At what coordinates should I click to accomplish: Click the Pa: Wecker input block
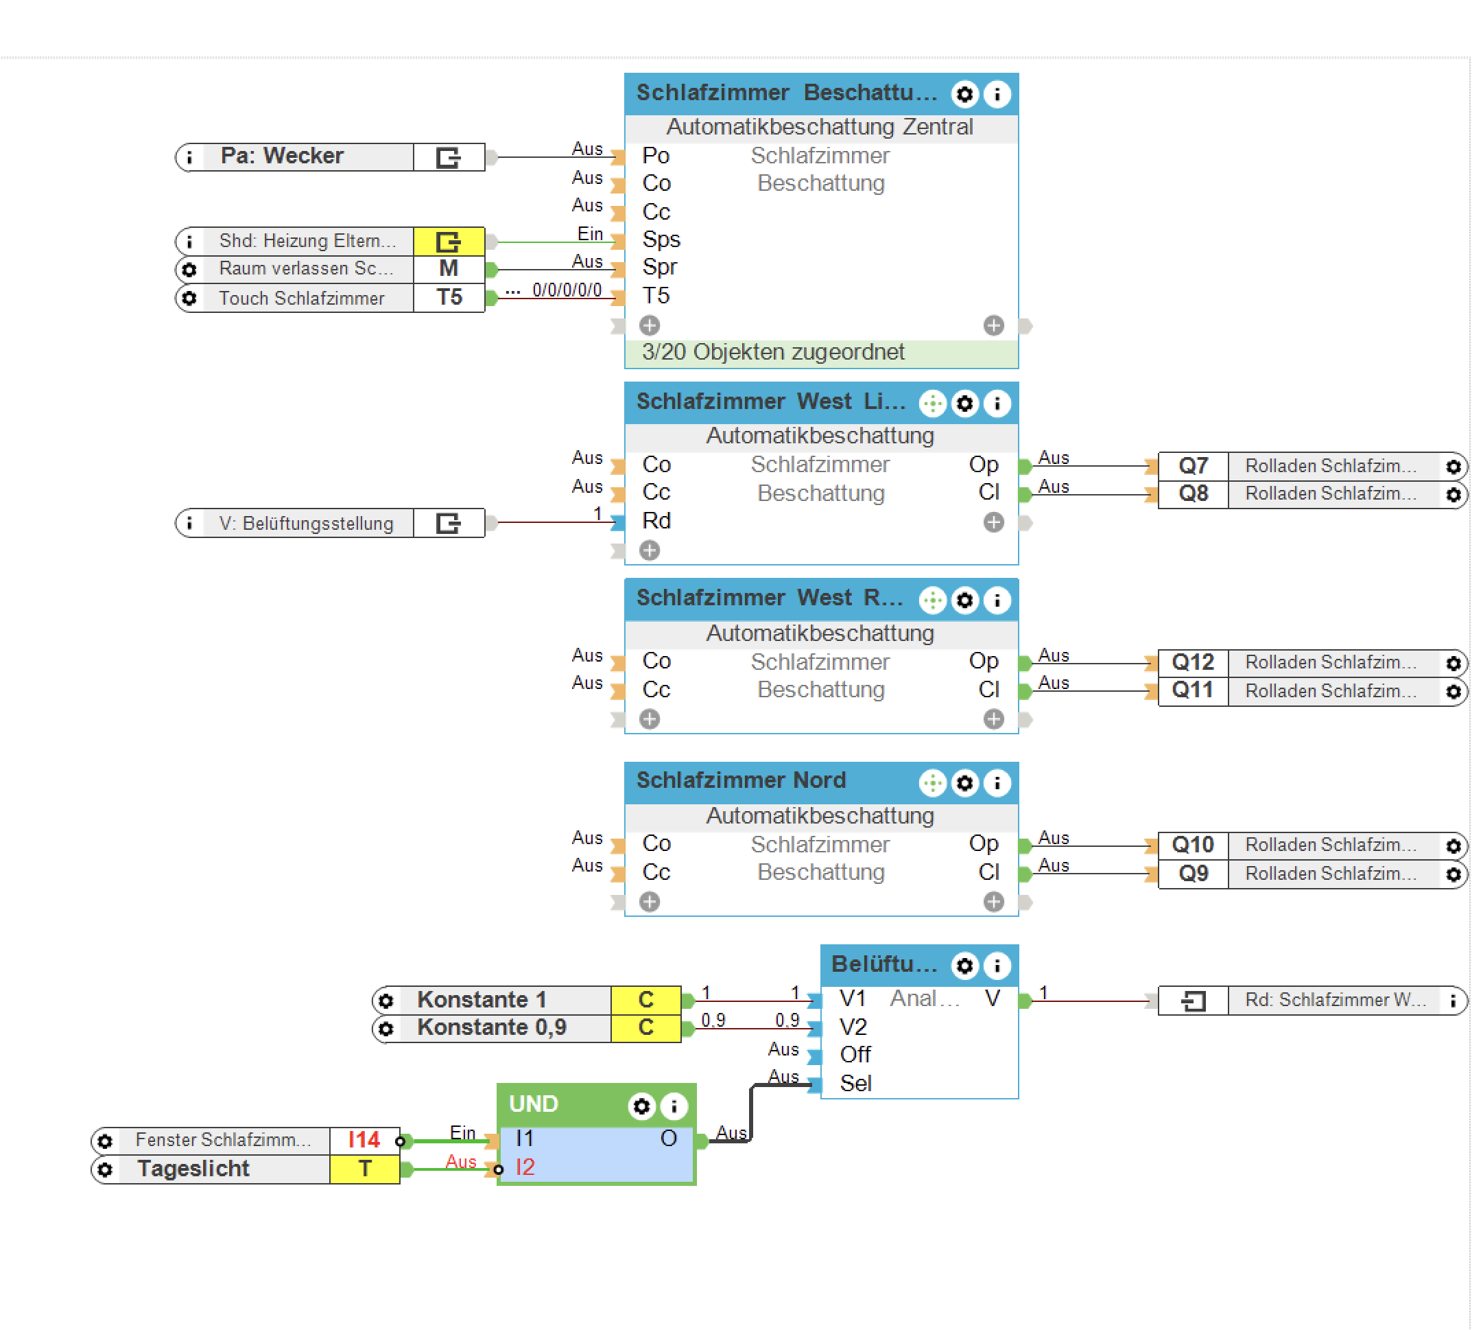pyautogui.click(x=282, y=156)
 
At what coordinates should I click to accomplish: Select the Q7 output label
pyautogui.click(x=1193, y=465)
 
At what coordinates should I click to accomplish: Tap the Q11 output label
pyautogui.click(x=1192, y=690)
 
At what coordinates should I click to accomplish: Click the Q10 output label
pyautogui.click(x=1192, y=845)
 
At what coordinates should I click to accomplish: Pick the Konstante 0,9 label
pyautogui.click(x=491, y=1027)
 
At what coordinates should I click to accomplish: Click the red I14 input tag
pyautogui.click(x=364, y=1140)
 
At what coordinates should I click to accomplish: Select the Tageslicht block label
pyautogui.click(x=193, y=1169)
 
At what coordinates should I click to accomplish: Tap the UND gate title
pyautogui.click(x=533, y=1104)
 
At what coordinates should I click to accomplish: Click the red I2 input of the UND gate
pyautogui.click(x=525, y=1167)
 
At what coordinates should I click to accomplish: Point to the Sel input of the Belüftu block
pyautogui.click(x=855, y=1083)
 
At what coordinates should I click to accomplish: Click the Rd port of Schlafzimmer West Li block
pyautogui.click(x=656, y=521)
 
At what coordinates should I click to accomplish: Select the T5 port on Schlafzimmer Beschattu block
pyautogui.click(x=656, y=296)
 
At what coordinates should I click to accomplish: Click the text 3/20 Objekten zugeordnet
pyautogui.click(x=773, y=352)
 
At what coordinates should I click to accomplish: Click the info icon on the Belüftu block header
pyautogui.click(x=997, y=966)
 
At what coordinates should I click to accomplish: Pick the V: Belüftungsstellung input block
pyautogui.click(x=307, y=523)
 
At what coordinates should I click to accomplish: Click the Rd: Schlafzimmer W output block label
pyautogui.click(x=1334, y=1001)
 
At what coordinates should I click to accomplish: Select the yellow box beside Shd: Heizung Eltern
pyautogui.click(x=449, y=241)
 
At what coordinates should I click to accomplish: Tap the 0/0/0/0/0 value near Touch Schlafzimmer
pyautogui.click(x=567, y=290)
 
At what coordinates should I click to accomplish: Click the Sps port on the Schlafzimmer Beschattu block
pyautogui.click(x=661, y=240)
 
